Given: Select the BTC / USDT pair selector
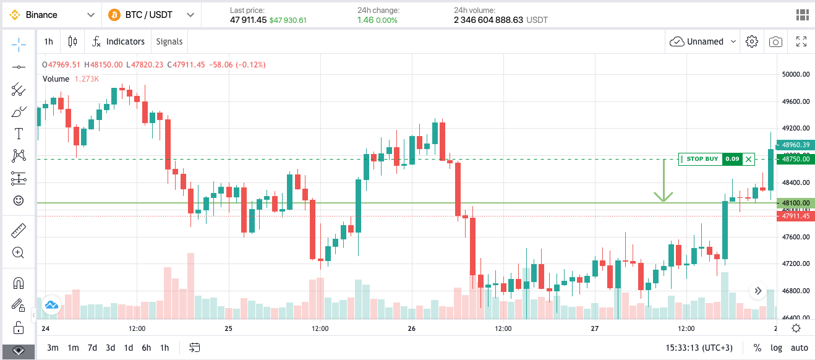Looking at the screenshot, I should tap(151, 15).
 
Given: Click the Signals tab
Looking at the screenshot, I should tap(169, 41).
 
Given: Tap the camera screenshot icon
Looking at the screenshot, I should tap(775, 41).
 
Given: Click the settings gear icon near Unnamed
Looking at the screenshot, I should tap(752, 41).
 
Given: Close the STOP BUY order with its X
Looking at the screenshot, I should tap(749, 159).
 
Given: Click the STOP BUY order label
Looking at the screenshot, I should tap(702, 159).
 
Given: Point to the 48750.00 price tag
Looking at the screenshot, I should tap(795, 159).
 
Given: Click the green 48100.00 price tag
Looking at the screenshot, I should tap(795, 203).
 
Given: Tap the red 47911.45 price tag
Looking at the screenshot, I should tap(795, 216).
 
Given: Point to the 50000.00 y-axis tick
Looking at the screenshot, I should tap(795, 74).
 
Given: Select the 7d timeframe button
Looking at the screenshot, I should tap(92, 348).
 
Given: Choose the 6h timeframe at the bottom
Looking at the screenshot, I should tap(147, 348).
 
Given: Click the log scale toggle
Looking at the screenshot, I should tap(776, 348).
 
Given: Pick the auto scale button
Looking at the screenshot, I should tap(800, 348).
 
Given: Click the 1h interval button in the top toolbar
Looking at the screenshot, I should tap(48, 41).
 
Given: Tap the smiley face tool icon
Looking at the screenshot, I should tap(19, 200).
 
